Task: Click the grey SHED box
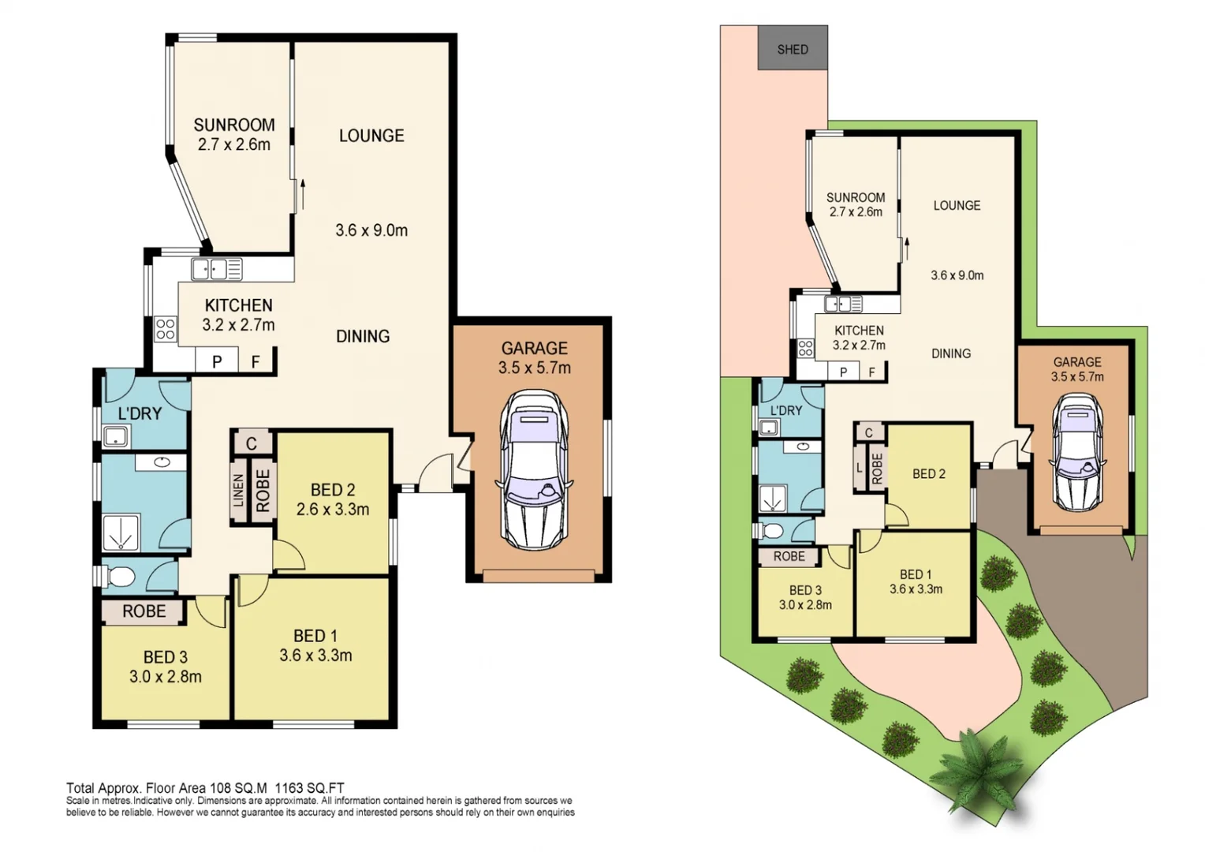click(793, 48)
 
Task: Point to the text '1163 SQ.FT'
click(309, 787)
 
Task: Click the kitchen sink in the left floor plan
click(210, 270)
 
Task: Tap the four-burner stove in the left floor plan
click(166, 329)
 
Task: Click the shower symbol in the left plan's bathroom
click(121, 532)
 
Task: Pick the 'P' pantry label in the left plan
click(217, 361)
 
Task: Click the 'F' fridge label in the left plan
click(256, 361)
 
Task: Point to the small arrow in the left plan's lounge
click(302, 194)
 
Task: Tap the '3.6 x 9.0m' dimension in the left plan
click(371, 230)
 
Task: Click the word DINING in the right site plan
click(950, 353)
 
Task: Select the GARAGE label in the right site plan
click(1077, 362)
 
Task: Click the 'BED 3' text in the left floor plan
click(166, 657)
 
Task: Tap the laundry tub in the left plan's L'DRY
click(116, 435)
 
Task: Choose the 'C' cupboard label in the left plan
click(251, 443)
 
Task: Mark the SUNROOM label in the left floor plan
click(234, 125)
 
